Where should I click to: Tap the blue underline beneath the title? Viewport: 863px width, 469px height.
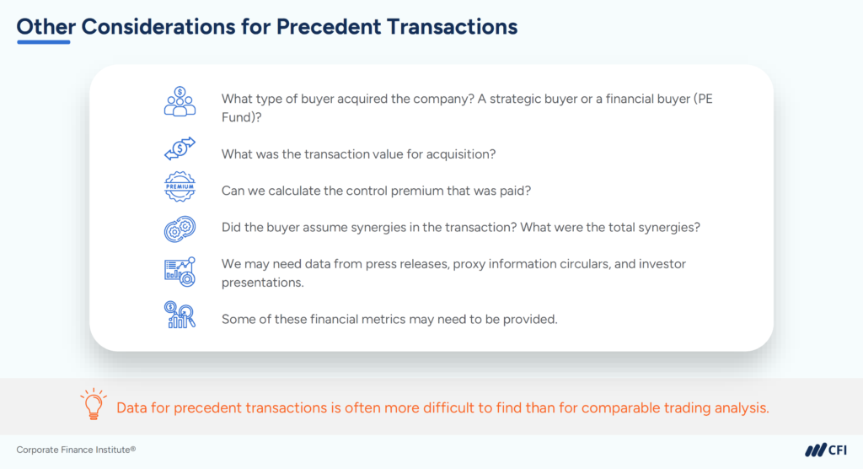(x=43, y=42)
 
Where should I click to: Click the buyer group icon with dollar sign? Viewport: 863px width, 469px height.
(x=180, y=101)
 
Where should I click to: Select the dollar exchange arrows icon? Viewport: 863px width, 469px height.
(x=180, y=148)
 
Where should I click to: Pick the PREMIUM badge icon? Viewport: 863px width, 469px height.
(x=180, y=187)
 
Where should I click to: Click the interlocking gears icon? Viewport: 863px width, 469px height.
(x=180, y=229)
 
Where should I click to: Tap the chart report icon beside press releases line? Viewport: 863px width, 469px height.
(x=180, y=271)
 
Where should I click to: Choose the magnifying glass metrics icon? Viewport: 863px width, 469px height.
(x=180, y=315)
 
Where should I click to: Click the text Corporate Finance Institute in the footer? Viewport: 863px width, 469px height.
(x=76, y=450)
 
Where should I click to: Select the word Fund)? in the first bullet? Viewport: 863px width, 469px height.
(x=241, y=118)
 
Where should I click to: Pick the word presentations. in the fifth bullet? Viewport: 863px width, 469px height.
(x=262, y=283)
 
